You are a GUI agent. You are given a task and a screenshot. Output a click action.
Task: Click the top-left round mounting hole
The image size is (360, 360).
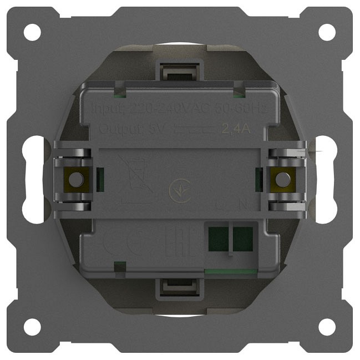pos(32,32)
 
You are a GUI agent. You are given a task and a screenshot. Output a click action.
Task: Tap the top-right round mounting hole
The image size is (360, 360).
pos(327,32)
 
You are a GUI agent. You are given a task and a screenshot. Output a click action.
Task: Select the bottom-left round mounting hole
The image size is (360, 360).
pos(32,327)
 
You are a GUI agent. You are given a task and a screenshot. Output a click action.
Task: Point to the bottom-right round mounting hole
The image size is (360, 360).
pos(327,327)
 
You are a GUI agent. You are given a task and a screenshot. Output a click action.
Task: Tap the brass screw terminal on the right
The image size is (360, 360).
pos(283,179)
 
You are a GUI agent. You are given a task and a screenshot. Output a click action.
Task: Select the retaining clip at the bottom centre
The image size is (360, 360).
pos(179,288)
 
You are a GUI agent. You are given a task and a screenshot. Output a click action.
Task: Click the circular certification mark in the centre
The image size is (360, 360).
pos(179,191)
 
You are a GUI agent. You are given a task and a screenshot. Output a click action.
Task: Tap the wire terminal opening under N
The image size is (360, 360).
pos(242,237)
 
